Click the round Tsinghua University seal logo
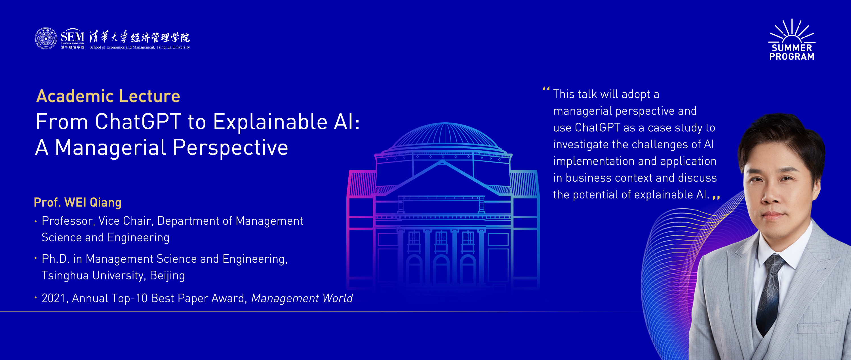coord(46,38)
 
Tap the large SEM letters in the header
coord(72,36)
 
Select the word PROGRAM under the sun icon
coord(792,57)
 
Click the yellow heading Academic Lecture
coord(108,96)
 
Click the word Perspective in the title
coord(230,148)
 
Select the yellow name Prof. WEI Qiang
coord(78,203)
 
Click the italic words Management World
coord(302,298)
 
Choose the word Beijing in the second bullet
coord(167,275)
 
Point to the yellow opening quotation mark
coord(546,89)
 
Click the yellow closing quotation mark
coord(717,198)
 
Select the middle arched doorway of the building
coord(441,269)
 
